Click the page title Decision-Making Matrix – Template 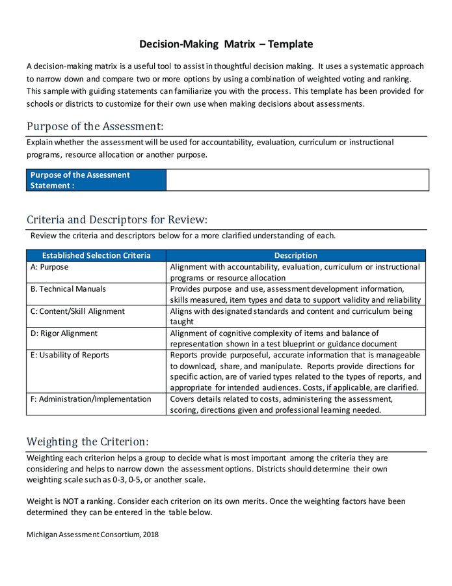[x=226, y=44]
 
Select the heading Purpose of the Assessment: [x=95, y=126]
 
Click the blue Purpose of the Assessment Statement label [x=80, y=180]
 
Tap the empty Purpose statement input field [x=297, y=180]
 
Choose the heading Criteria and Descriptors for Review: [x=117, y=219]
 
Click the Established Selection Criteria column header [x=96, y=256]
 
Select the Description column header [x=296, y=256]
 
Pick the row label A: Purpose [x=49, y=267]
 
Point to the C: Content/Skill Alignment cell [x=77, y=311]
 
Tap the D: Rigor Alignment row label [x=64, y=333]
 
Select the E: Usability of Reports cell [x=70, y=356]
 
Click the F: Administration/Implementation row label [x=90, y=399]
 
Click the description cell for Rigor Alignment [x=296, y=339]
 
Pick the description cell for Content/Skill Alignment [x=296, y=316]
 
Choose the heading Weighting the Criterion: [x=87, y=441]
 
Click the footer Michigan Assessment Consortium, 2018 [x=92, y=535]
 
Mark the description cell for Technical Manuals [x=296, y=294]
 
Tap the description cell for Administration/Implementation [x=296, y=404]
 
